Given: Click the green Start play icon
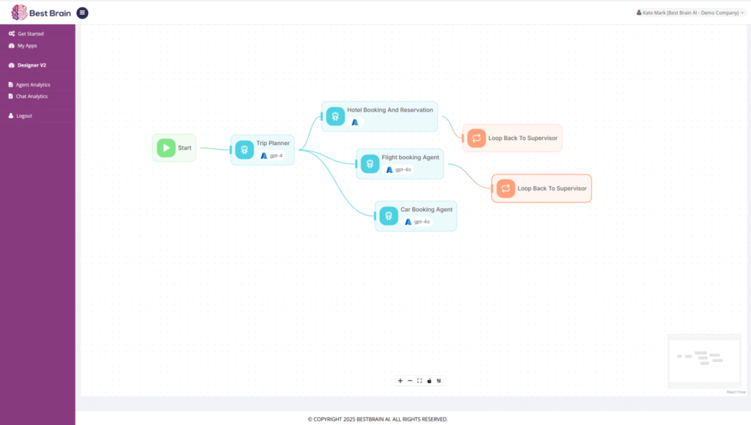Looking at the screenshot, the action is [166, 148].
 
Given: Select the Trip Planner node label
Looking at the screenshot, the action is [273, 143].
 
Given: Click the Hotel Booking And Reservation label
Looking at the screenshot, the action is [390, 110].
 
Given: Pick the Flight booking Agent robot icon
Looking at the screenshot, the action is [370, 164].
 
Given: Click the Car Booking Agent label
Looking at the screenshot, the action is [426, 210].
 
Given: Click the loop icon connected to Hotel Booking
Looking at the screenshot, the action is [477, 138].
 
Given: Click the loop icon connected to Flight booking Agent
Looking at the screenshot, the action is [506, 188].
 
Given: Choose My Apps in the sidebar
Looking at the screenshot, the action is [27, 46].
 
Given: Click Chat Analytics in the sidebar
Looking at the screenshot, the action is [32, 96].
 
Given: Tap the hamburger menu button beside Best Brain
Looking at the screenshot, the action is [82, 13].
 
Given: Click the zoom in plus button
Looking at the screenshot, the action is [400, 381].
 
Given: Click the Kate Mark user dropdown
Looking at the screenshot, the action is [690, 13].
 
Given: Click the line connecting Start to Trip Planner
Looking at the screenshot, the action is [215, 149].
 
